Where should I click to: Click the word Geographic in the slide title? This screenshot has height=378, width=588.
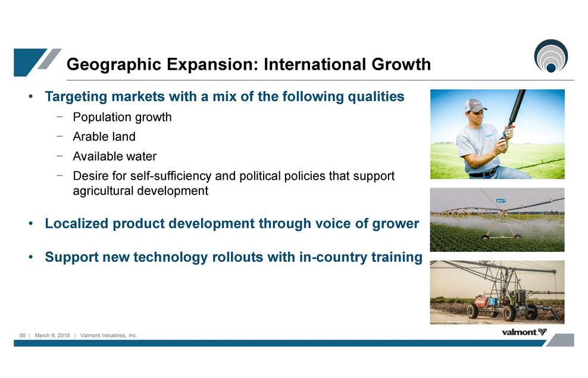114,64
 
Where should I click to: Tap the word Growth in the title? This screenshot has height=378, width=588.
401,64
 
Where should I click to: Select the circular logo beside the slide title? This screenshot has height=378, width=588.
551,56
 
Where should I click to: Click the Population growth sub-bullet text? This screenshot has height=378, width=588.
122,117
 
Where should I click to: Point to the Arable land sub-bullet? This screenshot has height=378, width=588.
104,136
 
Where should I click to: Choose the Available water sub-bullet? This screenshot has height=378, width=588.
115,156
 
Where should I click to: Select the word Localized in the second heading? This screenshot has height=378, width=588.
77,223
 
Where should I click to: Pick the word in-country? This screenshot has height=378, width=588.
333,257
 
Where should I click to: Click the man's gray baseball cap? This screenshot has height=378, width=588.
474,106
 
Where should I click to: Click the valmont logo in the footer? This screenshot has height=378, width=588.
524,332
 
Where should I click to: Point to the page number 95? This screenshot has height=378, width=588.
23,335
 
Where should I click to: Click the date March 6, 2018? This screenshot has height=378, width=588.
52,335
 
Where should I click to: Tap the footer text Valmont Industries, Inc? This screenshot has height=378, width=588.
109,335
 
